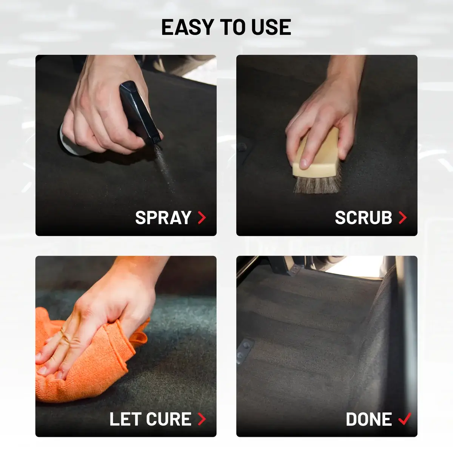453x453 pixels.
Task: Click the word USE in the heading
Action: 271,27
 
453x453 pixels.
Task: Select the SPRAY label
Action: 163,217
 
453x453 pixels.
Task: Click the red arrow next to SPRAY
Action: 202,217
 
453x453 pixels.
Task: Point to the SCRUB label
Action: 364,217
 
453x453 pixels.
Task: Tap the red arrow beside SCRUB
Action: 403,217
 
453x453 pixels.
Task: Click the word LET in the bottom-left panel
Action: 125,419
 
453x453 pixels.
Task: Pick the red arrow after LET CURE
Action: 202,419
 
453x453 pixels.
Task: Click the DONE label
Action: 368,419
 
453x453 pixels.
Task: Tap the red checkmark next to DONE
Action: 405,419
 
